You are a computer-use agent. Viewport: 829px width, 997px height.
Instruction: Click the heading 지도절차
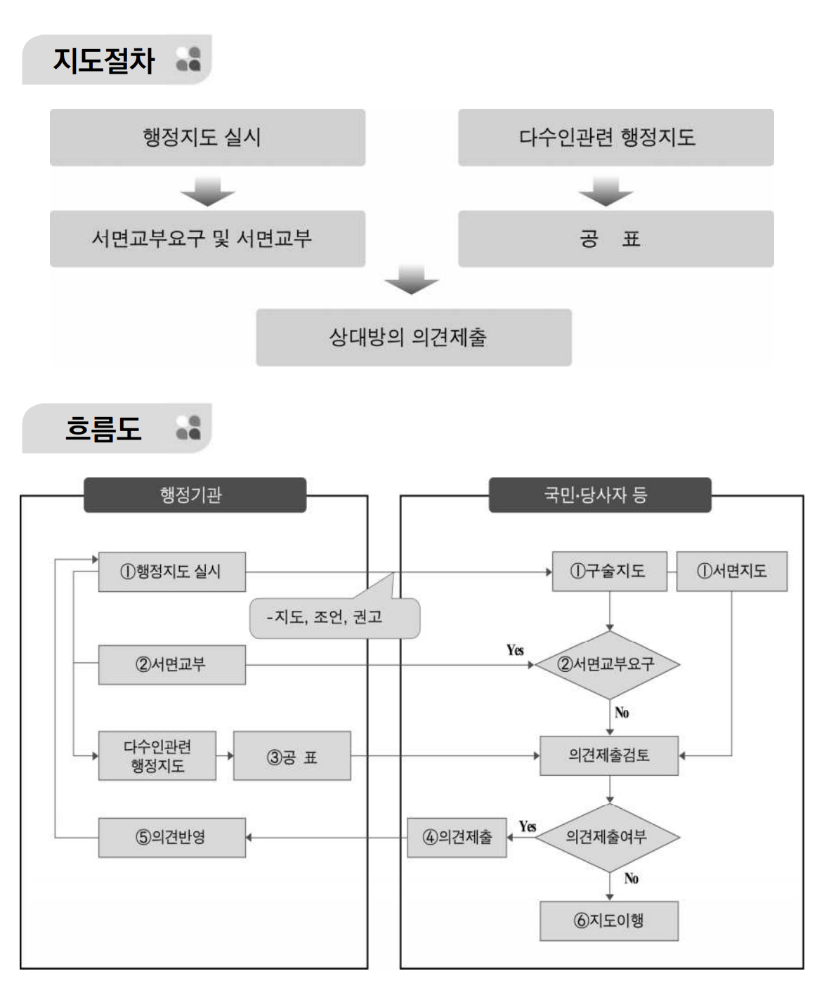pyautogui.click(x=104, y=60)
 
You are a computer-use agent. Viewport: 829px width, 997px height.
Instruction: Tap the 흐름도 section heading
pyautogui.click(x=104, y=428)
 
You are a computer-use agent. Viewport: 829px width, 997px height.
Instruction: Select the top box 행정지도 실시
pyautogui.click(x=207, y=137)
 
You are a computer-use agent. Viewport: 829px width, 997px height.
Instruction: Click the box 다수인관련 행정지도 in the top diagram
pyautogui.click(x=615, y=137)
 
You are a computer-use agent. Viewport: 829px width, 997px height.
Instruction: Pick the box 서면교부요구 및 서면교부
pyautogui.click(x=207, y=239)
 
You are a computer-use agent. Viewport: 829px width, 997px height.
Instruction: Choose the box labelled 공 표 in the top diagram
pyautogui.click(x=615, y=239)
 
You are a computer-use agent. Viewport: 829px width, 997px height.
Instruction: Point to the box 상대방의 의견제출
pyautogui.click(x=413, y=338)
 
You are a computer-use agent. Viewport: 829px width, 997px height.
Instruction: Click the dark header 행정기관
pyautogui.click(x=195, y=495)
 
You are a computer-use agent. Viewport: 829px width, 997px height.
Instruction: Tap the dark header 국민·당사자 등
pyautogui.click(x=599, y=495)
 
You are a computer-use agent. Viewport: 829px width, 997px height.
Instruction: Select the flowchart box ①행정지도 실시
pyautogui.click(x=171, y=572)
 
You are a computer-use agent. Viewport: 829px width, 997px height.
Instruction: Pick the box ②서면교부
pyautogui.click(x=171, y=664)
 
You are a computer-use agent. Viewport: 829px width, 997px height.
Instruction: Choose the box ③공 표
pyautogui.click(x=292, y=757)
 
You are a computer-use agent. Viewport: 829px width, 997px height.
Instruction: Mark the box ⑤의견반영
pyautogui.click(x=171, y=837)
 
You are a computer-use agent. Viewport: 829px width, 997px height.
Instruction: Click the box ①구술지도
pyautogui.click(x=609, y=572)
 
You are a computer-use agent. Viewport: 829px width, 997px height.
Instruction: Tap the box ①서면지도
pyautogui.click(x=731, y=572)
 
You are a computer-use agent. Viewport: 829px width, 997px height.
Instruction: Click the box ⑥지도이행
pyautogui.click(x=609, y=920)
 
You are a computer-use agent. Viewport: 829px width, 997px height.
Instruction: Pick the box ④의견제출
pyautogui.click(x=457, y=837)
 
